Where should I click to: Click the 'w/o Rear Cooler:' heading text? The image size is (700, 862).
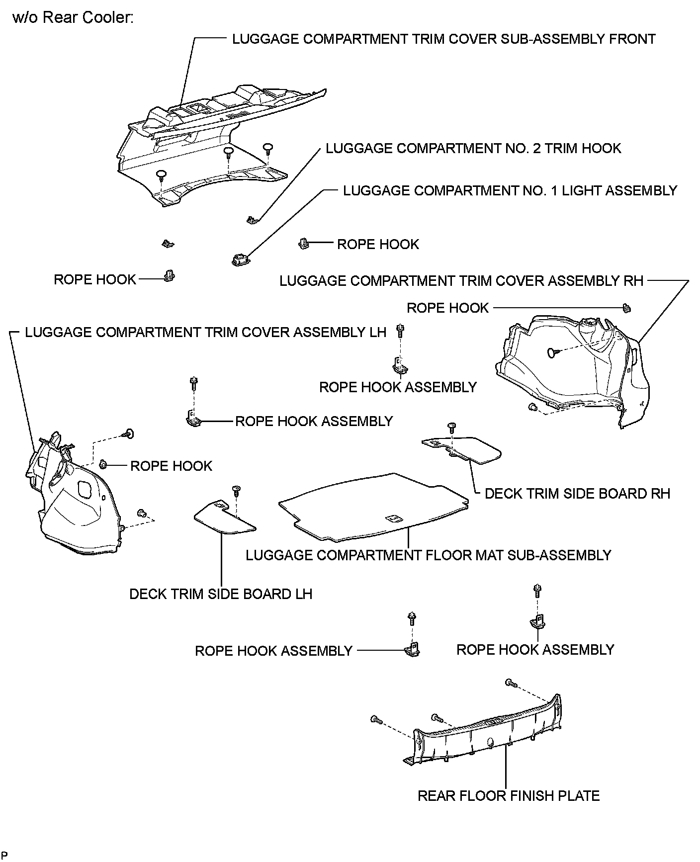tap(73, 18)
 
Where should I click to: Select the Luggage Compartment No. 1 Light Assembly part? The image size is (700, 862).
tap(240, 259)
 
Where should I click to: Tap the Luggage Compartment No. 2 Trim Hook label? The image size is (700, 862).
tap(473, 148)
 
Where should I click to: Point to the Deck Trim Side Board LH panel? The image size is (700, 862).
tap(224, 518)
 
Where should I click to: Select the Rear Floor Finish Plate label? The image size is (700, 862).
tap(508, 795)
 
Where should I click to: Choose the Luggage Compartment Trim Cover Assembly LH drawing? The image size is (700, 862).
tap(75, 502)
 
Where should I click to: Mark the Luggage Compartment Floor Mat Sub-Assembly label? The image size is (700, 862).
tap(428, 555)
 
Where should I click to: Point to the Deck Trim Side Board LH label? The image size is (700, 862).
tap(221, 594)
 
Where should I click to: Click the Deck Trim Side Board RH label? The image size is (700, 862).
tap(577, 493)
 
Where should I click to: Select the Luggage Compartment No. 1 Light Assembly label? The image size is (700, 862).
tap(510, 190)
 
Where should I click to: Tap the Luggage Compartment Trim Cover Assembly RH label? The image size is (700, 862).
tap(461, 281)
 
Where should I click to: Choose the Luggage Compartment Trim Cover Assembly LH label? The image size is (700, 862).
tap(205, 332)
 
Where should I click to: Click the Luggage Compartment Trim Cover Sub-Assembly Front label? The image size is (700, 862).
tap(443, 39)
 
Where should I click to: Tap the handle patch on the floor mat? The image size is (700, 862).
tap(393, 518)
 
